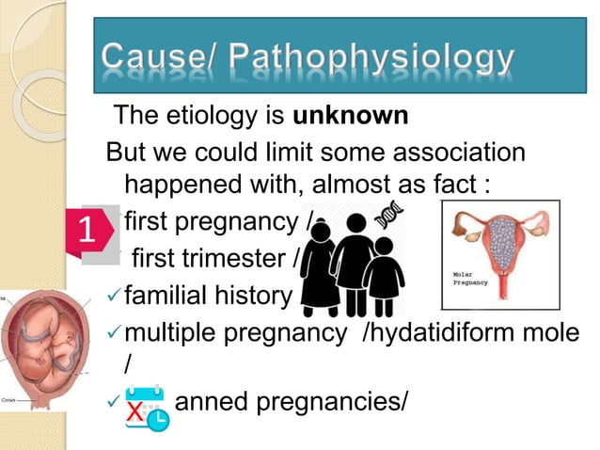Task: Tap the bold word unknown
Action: click(x=352, y=117)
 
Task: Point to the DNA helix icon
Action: click(x=387, y=215)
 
